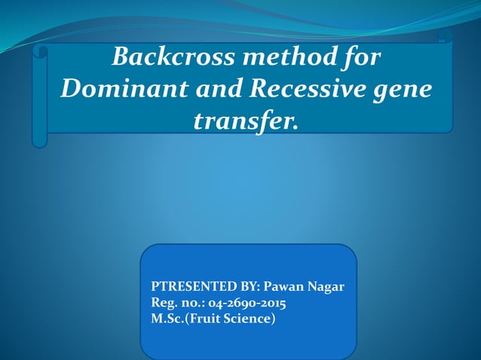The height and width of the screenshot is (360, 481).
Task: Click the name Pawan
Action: (289, 288)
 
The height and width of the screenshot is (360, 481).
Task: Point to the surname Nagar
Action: (329, 288)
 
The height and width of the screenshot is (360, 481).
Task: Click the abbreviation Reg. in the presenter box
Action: (164, 304)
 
